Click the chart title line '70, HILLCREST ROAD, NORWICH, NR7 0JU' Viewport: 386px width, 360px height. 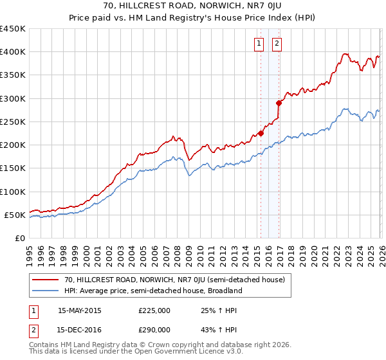193,6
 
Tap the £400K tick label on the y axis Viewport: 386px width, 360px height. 13,52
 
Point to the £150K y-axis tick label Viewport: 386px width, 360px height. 13,168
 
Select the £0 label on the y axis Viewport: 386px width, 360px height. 21,239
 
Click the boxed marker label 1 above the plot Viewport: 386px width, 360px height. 259,44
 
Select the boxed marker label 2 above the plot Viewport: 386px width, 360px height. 277,44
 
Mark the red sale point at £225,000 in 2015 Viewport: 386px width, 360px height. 261,134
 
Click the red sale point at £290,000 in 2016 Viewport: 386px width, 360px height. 279,103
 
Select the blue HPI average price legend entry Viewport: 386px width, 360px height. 152,291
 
